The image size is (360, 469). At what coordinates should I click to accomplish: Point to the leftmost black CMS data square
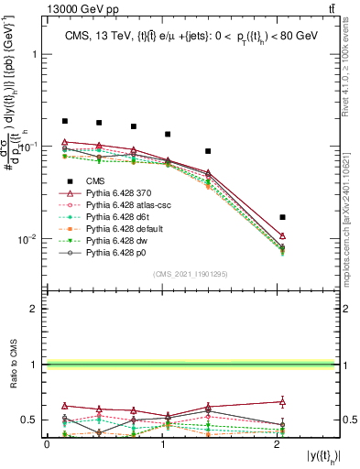65,121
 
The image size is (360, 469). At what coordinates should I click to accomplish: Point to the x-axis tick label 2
278,443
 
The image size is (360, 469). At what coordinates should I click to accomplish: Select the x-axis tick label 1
162,443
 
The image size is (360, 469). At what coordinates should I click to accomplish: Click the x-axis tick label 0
47,443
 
